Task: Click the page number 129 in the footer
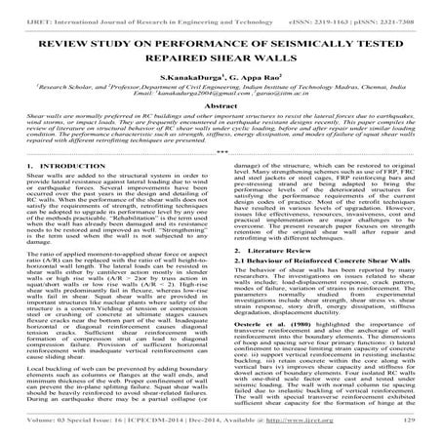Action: [421, 430]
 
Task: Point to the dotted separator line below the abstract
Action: [221, 151]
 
